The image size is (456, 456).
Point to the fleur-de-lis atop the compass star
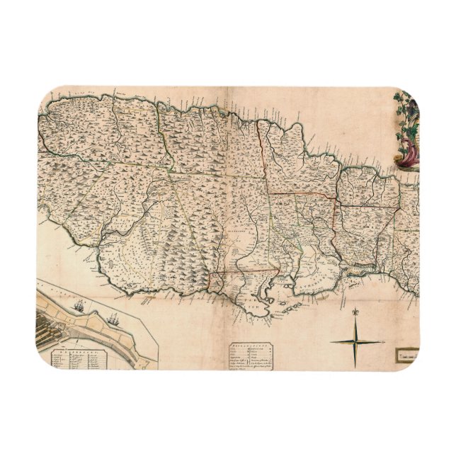pos(355,310)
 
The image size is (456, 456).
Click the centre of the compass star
pos(355,342)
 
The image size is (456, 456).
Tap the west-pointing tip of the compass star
pos(330,342)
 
